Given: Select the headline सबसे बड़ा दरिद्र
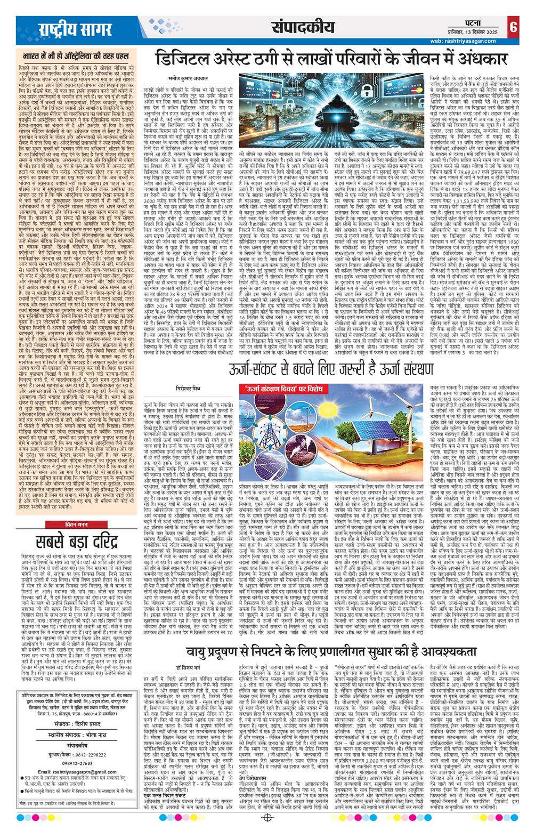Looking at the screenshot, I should (x=72, y=528).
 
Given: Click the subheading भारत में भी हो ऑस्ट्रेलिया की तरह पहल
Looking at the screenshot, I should (x=72, y=54).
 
